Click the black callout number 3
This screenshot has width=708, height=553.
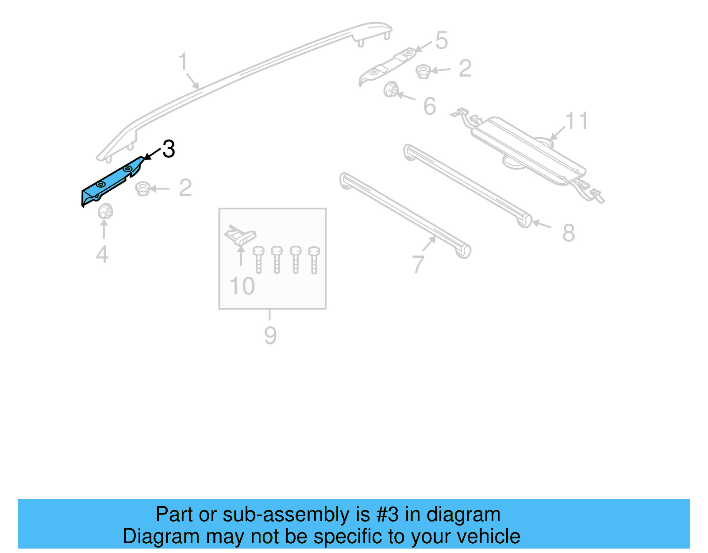pyautogui.click(x=169, y=149)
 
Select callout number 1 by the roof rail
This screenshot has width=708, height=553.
pyautogui.click(x=183, y=62)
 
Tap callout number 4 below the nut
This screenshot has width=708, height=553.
pyautogui.click(x=102, y=254)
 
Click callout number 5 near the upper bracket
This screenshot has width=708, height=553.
pyautogui.click(x=441, y=40)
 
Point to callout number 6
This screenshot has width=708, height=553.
pyautogui.click(x=429, y=106)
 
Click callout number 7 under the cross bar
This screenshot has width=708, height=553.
pyautogui.click(x=418, y=264)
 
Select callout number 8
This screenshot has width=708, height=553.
pyautogui.click(x=568, y=233)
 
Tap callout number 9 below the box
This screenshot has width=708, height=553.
pyautogui.click(x=270, y=335)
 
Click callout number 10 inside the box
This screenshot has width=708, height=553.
pyautogui.click(x=242, y=286)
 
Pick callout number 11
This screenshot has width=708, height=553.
pyautogui.click(x=577, y=121)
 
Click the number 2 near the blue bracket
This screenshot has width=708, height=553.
pyautogui.click(x=185, y=188)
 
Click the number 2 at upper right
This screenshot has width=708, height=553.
pyautogui.click(x=465, y=68)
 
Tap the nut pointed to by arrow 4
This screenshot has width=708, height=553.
pyautogui.click(x=105, y=211)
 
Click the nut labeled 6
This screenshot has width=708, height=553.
pyautogui.click(x=390, y=89)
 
